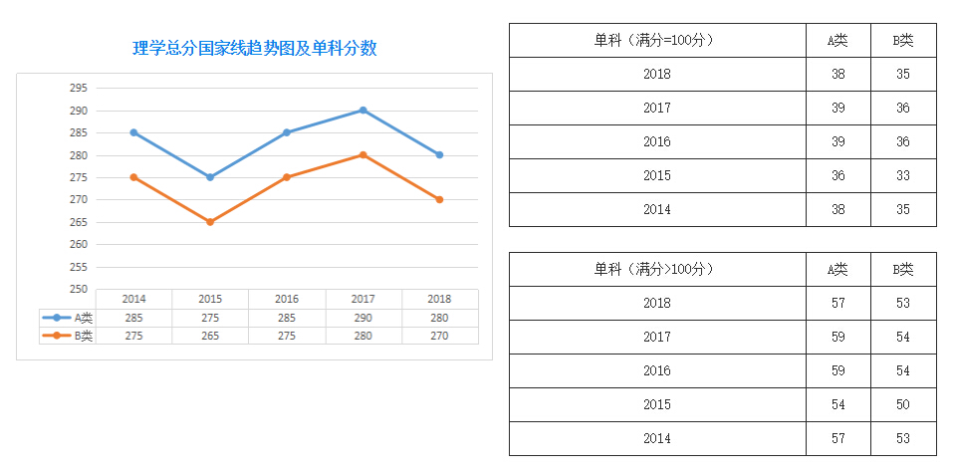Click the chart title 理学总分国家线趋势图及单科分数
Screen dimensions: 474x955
pos(255,48)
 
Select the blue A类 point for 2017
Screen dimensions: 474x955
pos(362,111)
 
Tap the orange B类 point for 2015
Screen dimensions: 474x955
pos(210,222)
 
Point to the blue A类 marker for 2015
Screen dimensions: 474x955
pos(210,177)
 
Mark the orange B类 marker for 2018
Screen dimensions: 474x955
pos(439,199)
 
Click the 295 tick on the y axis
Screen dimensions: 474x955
pos(78,88)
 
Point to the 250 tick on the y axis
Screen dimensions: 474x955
pos(78,289)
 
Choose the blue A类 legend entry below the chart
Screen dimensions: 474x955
pos(68,318)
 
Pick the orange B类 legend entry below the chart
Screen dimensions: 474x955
pos(68,336)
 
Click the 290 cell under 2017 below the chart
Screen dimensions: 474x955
pos(362,318)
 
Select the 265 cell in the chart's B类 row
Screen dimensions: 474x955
pos(210,336)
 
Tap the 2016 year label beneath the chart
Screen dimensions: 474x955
pos(286,299)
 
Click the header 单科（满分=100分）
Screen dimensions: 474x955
pos(656,40)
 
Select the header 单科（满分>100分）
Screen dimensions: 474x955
pos(656,269)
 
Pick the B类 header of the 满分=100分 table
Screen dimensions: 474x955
pos(903,40)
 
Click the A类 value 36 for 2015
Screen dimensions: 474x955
pos(837,175)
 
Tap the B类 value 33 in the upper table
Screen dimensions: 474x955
pos(903,175)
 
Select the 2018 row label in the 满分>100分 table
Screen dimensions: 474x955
pos(656,303)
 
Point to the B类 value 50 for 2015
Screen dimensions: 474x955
pos(903,404)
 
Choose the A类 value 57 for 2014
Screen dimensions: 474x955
pos(837,438)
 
